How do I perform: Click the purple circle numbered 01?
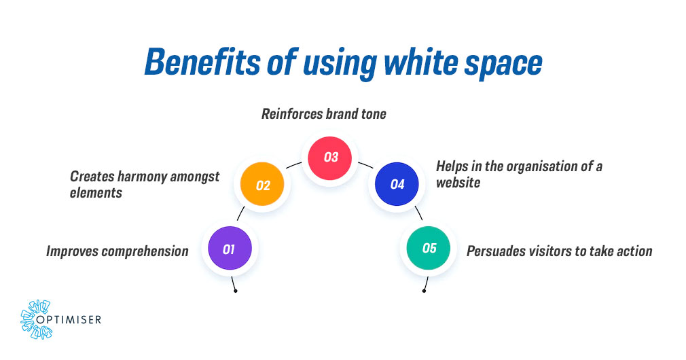pos(230,249)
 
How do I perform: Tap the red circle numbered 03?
pos(331,157)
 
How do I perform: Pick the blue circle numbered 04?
pos(397,184)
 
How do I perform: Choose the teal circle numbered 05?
pos(429,248)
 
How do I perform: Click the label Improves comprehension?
pos(118,251)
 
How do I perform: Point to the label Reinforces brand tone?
pos(324,114)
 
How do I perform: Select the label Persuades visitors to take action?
pos(559,251)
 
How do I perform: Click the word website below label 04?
pos(458,183)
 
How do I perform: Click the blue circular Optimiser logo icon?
pos(35,318)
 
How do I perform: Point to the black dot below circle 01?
pos(235,291)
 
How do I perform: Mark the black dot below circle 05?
pos(424,291)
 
